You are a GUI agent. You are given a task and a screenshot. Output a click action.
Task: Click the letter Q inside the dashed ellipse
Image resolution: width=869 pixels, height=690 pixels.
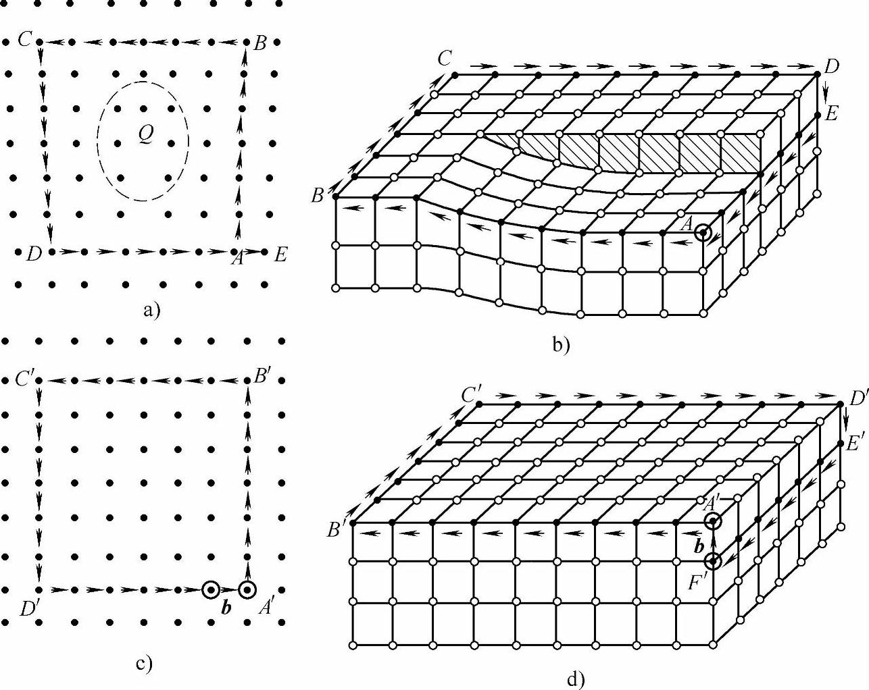point(145,134)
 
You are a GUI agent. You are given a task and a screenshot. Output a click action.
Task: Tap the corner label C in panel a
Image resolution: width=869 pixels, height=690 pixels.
point(25,40)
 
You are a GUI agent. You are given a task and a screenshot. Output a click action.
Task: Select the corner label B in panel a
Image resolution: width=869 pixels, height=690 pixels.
point(260,44)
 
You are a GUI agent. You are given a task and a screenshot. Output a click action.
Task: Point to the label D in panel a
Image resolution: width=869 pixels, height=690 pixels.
point(31,255)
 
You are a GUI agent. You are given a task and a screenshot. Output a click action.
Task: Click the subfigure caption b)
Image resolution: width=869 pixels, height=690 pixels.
point(562,346)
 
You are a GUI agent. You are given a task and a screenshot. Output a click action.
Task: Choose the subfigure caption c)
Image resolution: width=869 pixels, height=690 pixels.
point(144,664)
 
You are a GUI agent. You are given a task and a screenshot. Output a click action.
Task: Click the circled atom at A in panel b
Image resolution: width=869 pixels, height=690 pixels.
point(703,233)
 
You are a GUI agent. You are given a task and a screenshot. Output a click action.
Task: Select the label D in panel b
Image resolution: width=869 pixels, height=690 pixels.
point(832,66)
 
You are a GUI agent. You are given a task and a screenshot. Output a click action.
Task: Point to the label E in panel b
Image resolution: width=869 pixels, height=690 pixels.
point(831,113)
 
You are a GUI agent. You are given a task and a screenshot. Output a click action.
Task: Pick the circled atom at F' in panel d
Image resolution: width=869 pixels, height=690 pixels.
point(713,562)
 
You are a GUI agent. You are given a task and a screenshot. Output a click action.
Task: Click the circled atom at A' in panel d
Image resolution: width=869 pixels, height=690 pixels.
point(713,521)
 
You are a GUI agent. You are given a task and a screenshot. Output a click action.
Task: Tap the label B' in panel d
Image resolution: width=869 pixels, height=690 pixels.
point(337,530)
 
